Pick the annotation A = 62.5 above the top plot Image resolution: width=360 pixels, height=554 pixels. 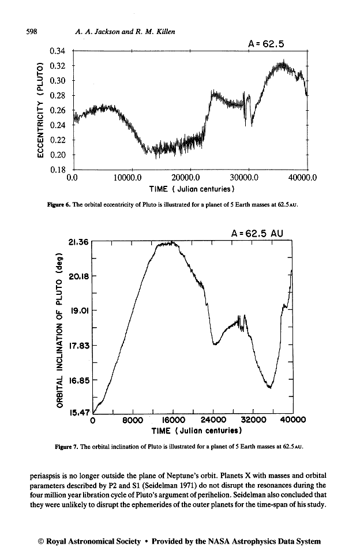266,43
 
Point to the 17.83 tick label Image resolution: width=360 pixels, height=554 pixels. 77,345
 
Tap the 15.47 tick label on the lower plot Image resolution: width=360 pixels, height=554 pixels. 77,413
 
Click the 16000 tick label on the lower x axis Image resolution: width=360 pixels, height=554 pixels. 173,420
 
